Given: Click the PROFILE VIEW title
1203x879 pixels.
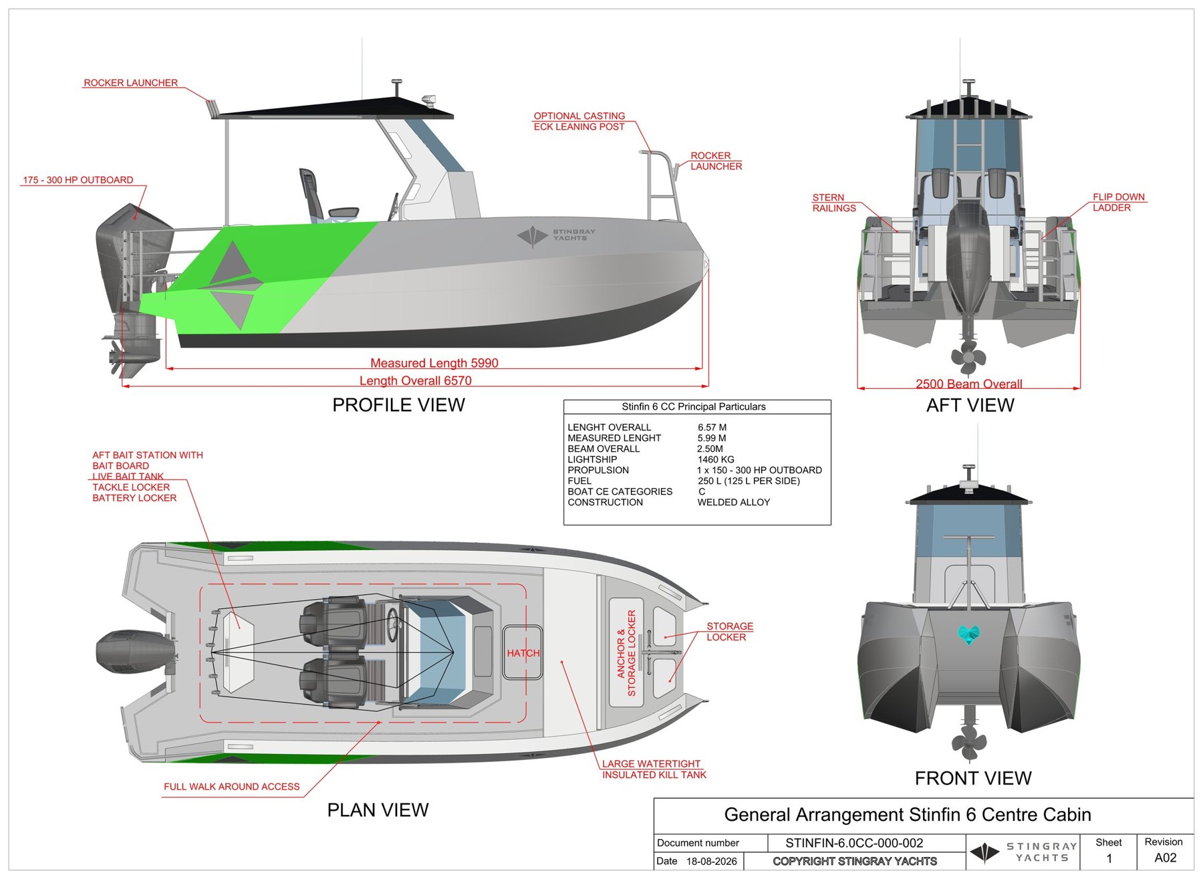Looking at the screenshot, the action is (398, 405).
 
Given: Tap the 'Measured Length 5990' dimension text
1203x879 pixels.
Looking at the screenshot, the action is (434, 363).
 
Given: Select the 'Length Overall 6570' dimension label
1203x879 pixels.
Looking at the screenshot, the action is (415, 380).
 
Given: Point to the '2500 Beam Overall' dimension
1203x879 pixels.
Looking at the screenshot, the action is (968, 384).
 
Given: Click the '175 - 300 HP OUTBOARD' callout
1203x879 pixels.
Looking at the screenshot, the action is (78, 180).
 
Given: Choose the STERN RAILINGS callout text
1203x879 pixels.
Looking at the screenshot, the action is (833, 203).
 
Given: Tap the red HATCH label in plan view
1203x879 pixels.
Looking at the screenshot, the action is (523, 653).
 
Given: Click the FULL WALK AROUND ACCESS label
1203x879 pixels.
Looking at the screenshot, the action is (232, 787).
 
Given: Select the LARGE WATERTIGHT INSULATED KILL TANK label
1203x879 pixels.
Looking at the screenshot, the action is (654, 769).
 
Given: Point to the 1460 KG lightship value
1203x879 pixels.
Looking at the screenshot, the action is (716, 459).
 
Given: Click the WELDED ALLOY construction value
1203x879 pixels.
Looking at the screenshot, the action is (733, 502).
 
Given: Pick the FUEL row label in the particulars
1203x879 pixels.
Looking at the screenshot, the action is (579, 481).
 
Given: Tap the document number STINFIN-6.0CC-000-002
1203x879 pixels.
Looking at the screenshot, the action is (854, 843).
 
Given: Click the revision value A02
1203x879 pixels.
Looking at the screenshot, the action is (1165, 858).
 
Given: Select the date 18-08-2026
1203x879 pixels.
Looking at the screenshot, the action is (711, 861).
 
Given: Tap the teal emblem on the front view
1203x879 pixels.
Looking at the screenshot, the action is (968, 634).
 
